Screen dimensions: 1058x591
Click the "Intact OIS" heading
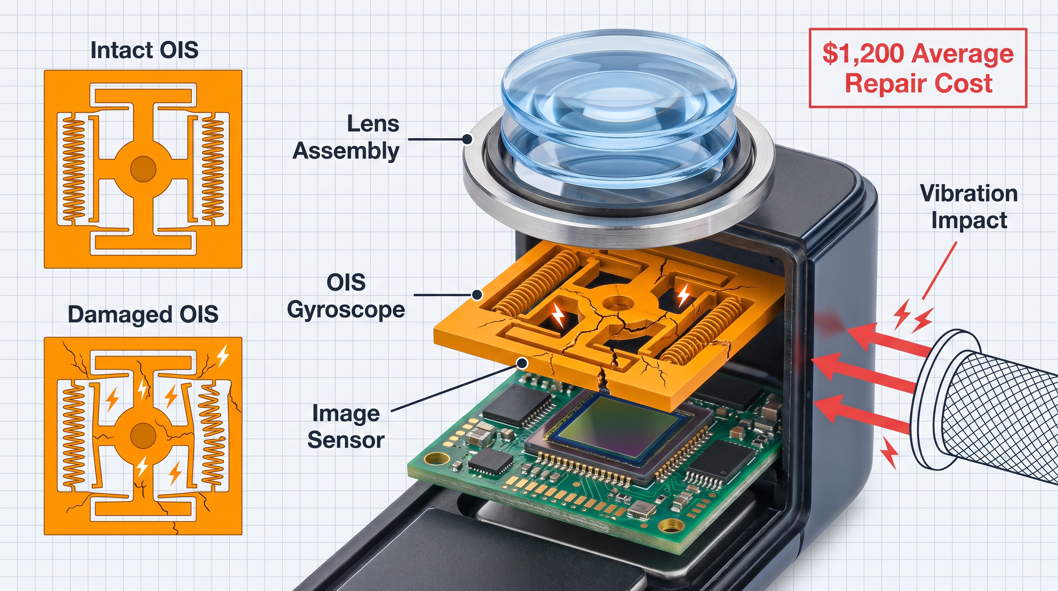144,50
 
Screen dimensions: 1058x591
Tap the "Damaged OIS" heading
143,314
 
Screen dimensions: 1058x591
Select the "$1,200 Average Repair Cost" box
918,68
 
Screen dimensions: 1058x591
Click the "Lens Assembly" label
346,137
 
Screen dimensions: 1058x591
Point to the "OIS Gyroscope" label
346,296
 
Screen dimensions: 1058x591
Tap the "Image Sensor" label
346,427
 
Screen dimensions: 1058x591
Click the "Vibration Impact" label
969,207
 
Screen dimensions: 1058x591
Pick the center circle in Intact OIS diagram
143,169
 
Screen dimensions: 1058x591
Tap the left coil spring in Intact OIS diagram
74,169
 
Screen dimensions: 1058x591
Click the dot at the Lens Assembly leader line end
467,139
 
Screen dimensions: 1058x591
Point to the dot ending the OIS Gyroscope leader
477,295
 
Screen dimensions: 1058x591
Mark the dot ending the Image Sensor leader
522,363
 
